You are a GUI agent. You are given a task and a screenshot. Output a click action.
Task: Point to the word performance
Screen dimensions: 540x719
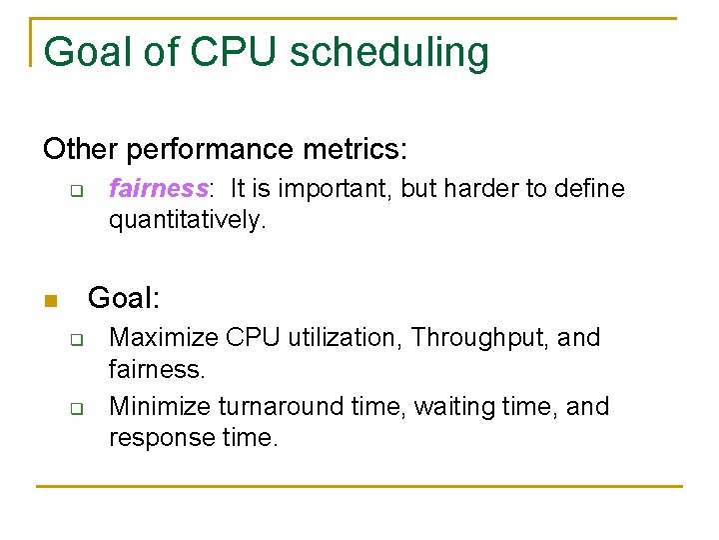214,149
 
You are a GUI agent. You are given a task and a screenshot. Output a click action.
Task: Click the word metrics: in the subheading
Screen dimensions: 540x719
359,149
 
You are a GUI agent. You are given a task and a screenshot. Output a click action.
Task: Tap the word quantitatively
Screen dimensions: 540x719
187,220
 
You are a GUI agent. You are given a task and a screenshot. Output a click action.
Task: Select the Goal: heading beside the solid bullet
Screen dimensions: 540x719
124,298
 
